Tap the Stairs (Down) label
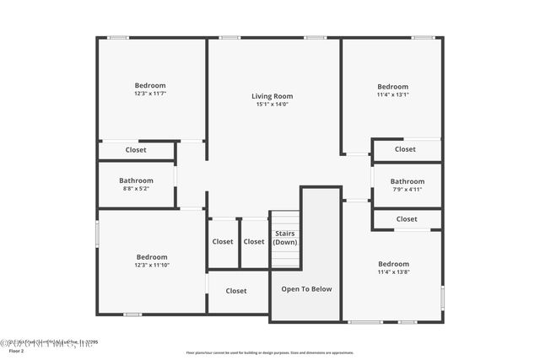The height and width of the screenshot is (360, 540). tap(285, 238)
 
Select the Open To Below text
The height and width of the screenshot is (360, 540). tap(305, 289)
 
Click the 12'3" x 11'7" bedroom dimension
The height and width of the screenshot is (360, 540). tap(150, 94)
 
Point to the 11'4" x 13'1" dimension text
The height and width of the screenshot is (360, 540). tap(392, 95)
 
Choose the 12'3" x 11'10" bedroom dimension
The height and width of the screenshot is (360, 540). tap(152, 266)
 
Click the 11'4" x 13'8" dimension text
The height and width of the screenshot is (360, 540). tap(393, 272)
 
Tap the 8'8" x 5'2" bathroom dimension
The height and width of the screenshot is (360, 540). tap(136, 189)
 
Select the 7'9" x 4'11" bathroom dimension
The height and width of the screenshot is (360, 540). tap(407, 190)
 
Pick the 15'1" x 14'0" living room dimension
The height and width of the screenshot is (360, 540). tap(272, 105)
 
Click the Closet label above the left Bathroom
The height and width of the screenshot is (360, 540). tap(136, 150)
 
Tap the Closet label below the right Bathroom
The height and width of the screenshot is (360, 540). tap(407, 219)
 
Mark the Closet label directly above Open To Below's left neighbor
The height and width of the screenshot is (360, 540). tap(223, 242)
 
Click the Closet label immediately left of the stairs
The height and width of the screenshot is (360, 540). tap(254, 242)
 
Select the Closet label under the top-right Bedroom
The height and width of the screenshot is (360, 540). tap(405, 149)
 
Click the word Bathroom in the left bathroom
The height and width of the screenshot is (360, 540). tap(136, 180)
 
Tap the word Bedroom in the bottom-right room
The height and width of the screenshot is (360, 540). tap(393, 264)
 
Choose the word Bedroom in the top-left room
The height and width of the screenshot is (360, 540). tap(150, 85)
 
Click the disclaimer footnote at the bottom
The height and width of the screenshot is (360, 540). tap(269, 352)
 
